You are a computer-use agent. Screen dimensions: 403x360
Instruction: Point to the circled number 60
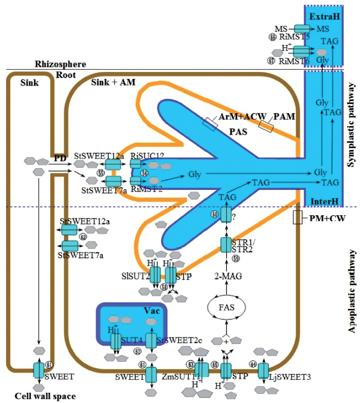click(x=215, y=214)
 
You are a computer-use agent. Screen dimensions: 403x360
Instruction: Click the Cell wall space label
click(x=38, y=396)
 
